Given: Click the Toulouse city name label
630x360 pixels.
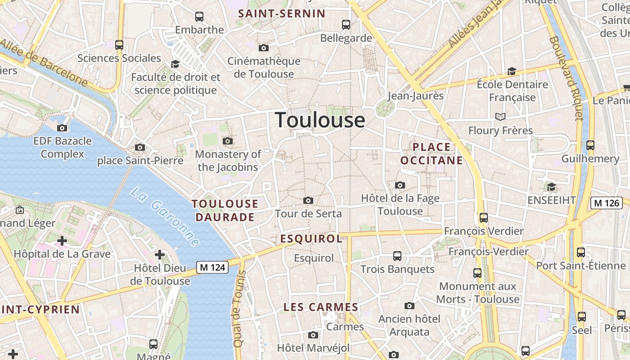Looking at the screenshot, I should click(x=320, y=120).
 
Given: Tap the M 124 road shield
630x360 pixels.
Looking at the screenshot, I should click(x=213, y=267).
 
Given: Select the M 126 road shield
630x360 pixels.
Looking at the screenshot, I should click(x=606, y=203).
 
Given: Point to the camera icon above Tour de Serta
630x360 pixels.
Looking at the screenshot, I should click(x=308, y=200).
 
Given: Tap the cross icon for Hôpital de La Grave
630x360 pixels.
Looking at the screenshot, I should click(x=62, y=241).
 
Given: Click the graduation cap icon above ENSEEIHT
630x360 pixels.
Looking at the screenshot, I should click(x=551, y=187).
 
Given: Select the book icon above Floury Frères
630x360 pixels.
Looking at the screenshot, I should click(x=500, y=117).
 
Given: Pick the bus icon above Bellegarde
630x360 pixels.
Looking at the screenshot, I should click(x=346, y=25).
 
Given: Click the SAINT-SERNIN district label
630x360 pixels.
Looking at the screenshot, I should click(x=282, y=13).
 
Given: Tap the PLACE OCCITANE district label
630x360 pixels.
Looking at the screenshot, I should click(x=432, y=153).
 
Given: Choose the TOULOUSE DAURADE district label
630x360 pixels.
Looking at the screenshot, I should click(x=225, y=210).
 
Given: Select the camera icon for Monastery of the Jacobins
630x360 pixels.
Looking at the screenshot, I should click(x=228, y=141).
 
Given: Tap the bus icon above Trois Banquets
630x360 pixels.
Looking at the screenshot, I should click(x=397, y=256).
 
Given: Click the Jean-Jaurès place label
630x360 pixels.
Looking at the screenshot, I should click(x=416, y=95).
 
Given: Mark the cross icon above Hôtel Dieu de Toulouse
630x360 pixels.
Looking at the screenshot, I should click(x=160, y=255).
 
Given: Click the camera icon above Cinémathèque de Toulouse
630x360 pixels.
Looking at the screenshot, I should click(x=264, y=48).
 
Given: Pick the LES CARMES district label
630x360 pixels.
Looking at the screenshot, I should click(x=321, y=307).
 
